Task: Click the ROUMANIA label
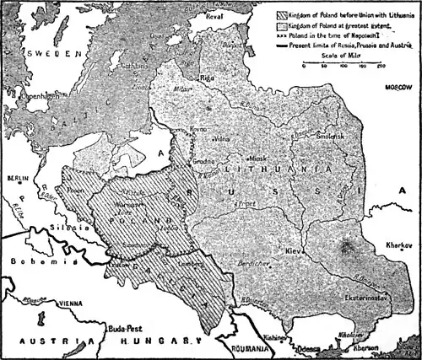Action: pyautogui.click(x=252, y=347)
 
